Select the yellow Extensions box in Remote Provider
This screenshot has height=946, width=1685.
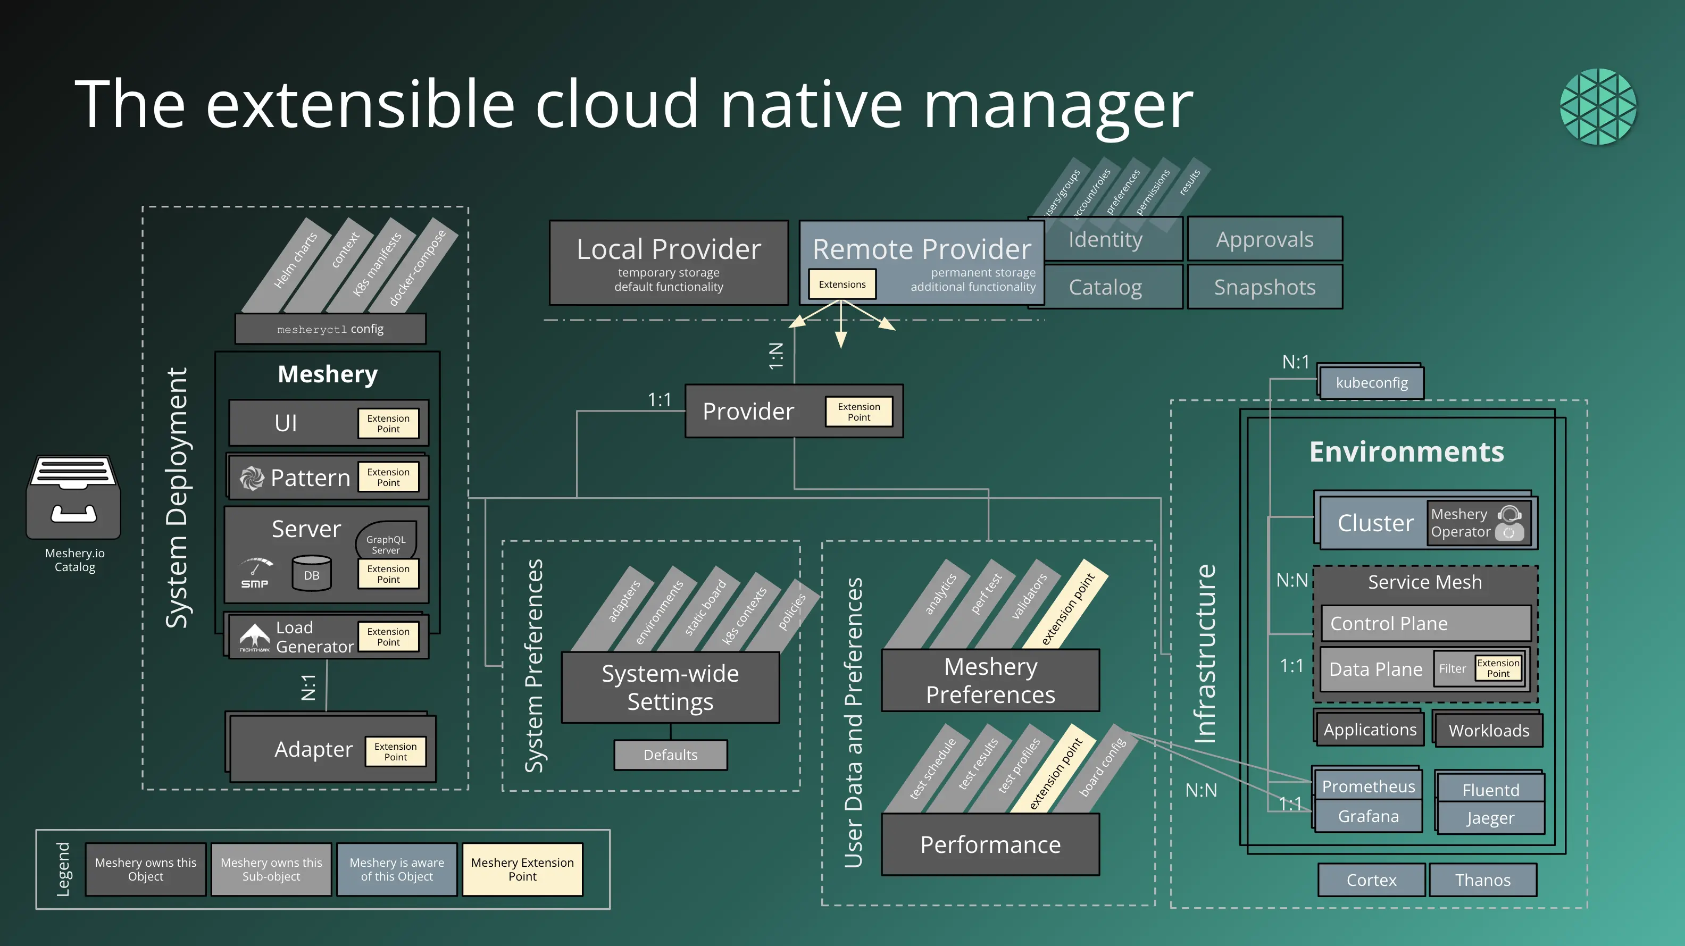842,284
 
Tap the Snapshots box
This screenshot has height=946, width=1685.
1264,287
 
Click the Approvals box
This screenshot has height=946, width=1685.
1264,239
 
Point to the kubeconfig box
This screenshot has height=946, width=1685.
1371,382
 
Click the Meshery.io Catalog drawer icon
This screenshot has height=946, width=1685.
73,497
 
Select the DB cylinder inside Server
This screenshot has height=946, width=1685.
311,573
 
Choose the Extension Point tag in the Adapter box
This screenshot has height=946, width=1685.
395,751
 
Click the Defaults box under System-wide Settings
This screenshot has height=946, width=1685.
671,755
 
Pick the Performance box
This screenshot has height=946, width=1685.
990,844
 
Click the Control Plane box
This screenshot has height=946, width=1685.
1425,624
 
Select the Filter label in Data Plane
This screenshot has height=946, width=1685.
1452,668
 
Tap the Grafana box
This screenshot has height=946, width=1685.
1368,817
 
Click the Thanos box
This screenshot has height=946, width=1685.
1482,880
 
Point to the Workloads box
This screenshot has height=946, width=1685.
1489,730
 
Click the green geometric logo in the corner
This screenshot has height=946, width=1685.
1598,106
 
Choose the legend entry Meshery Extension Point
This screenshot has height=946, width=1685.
522,869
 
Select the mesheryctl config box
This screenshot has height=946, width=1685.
330,329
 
